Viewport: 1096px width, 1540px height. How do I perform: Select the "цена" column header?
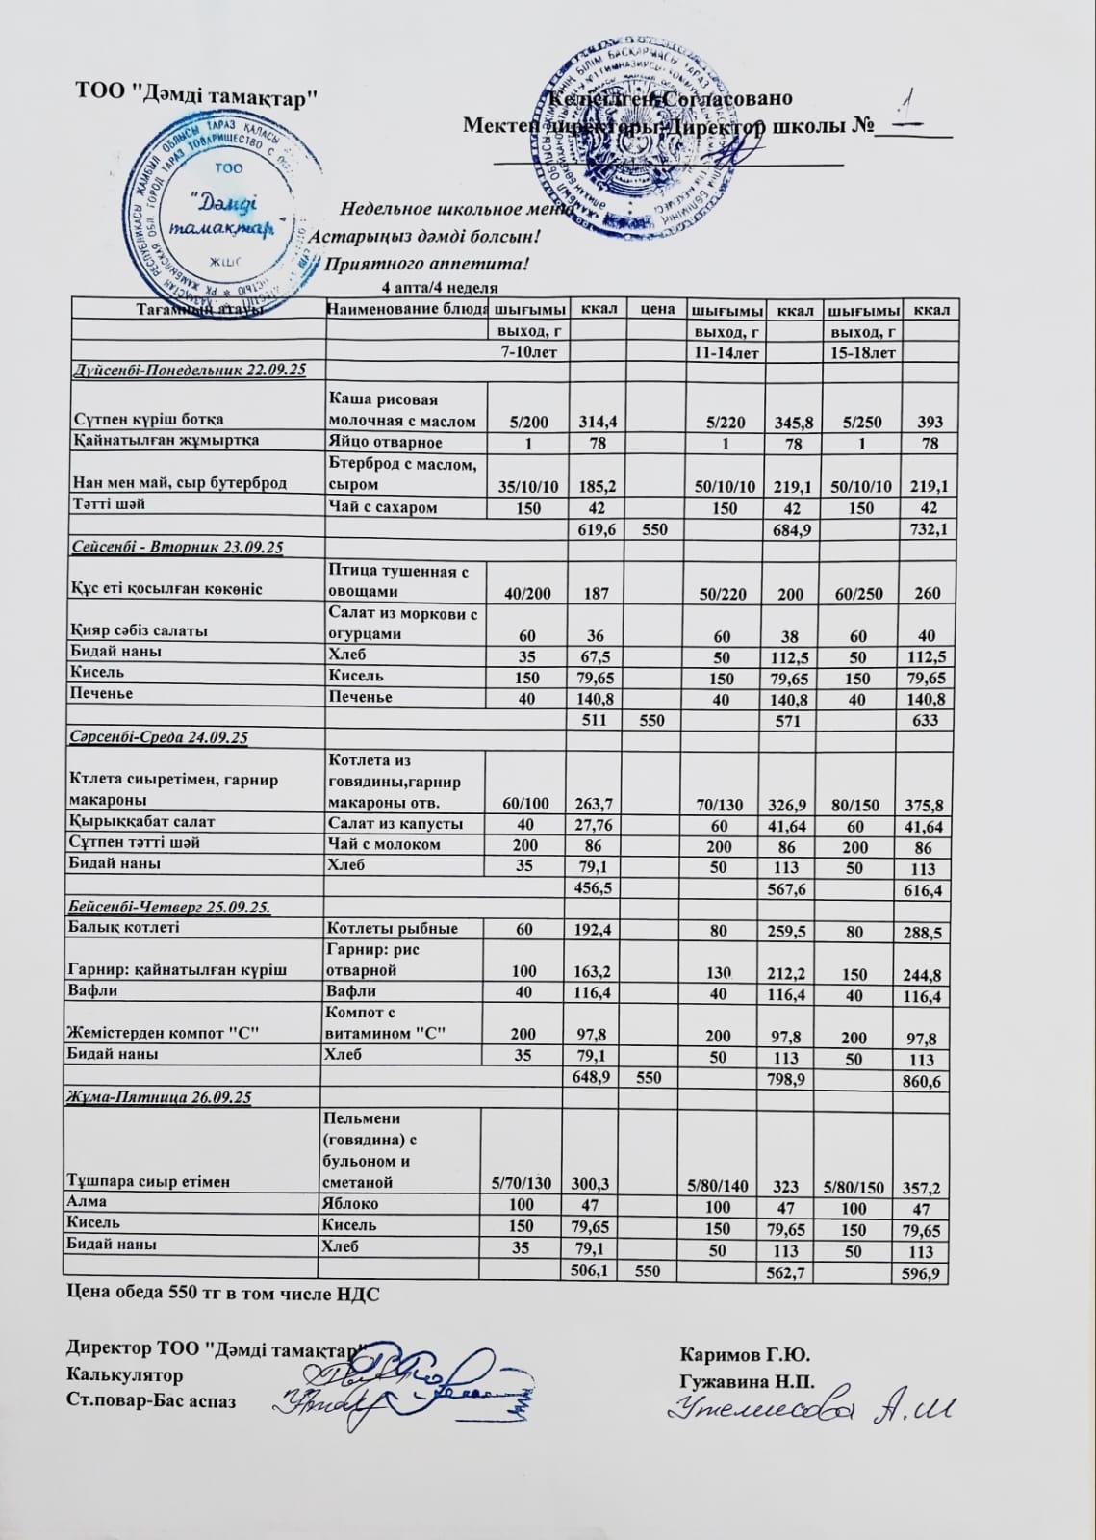click(x=653, y=310)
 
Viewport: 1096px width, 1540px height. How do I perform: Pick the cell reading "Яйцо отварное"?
click(x=386, y=443)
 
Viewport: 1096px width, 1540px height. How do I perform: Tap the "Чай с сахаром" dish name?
click(x=383, y=507)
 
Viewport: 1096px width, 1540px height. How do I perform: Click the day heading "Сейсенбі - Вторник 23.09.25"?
click(x=178, y=548)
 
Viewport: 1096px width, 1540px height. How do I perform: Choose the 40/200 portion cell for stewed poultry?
click(x=527, y=594)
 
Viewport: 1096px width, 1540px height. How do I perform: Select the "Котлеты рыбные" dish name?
click(x=392, y=929)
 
